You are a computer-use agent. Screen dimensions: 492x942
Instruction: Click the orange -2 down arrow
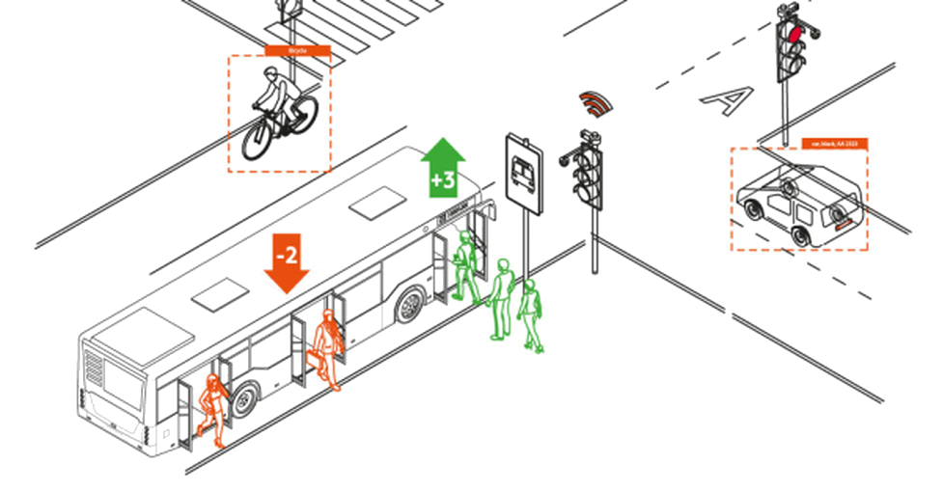(x=287, y=261)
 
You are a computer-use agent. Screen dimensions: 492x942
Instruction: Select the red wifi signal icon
(x=596, y=102)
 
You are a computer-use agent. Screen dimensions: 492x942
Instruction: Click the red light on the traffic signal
(x=794, y=35)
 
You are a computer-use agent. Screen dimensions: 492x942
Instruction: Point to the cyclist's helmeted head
(x=274, y=74)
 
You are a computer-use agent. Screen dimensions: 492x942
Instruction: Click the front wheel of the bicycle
(x=260, y=141)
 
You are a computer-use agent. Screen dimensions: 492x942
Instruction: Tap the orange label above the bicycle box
(x=297, y=50)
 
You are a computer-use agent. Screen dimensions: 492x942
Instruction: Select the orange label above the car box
(x=834, y=144)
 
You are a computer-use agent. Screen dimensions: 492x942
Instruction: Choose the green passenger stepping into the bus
(x=466, y=265)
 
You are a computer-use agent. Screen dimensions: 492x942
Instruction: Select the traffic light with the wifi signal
(x=590, y=174)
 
